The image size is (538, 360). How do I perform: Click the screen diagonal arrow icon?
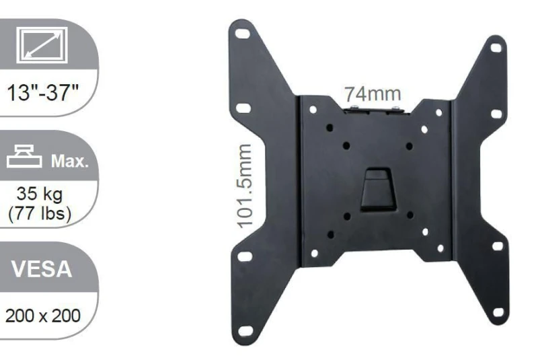click(x=42, y=44)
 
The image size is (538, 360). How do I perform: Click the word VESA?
click(x=44, y=270)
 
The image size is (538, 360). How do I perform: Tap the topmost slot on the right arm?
click(x=496, y=48)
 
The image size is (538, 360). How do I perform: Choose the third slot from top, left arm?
click(x=246, y=256)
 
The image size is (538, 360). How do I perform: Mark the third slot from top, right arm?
click(x=497, y=246)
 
